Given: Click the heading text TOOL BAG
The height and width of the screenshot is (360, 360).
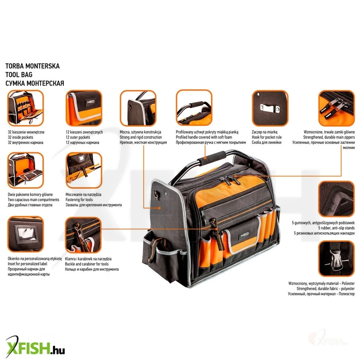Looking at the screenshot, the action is [19, 75].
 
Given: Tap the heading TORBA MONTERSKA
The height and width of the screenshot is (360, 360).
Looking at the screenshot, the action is [32, 66].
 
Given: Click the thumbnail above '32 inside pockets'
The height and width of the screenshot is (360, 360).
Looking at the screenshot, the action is [25, 108].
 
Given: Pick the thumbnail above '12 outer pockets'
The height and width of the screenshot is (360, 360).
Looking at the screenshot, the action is [84, 108].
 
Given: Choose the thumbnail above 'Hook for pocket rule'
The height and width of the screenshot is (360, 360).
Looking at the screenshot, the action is [270, 108].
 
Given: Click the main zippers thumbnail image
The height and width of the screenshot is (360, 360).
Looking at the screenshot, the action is [336, 108].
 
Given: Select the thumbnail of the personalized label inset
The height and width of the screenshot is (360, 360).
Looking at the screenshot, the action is [25, 234].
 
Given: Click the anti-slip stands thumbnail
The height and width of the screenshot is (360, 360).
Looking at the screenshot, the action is [336, 199].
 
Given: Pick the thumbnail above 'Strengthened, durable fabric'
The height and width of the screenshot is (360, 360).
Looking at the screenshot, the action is [336, 258].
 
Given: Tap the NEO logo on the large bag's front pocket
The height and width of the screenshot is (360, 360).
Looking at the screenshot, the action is [245, 235].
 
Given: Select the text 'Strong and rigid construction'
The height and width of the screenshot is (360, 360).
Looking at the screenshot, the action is [141, 137].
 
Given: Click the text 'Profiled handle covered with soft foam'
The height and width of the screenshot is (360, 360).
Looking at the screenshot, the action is [204, 137].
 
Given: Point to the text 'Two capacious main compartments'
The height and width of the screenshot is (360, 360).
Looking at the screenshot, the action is [33, 200].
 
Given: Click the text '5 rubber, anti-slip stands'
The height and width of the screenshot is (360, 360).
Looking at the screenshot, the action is [336, 228].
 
